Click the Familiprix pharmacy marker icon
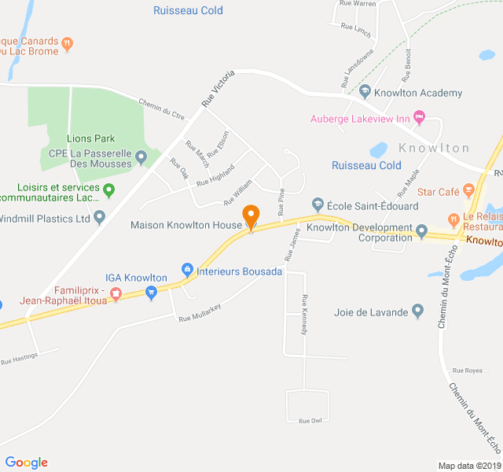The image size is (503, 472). (116, 294)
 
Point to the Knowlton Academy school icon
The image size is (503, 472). (364, 93)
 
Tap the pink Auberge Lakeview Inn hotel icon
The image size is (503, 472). (419, 118)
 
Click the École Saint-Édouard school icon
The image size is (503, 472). (318, 205)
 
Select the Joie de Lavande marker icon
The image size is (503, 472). (417, 312)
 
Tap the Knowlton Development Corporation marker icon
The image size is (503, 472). (421, 232)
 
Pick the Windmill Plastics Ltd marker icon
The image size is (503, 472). (99, 217)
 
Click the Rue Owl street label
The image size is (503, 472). (310, 421)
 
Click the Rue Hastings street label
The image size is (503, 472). (18, 360)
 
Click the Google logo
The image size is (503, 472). (26, 463)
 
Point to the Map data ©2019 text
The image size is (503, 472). (468, 466)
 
